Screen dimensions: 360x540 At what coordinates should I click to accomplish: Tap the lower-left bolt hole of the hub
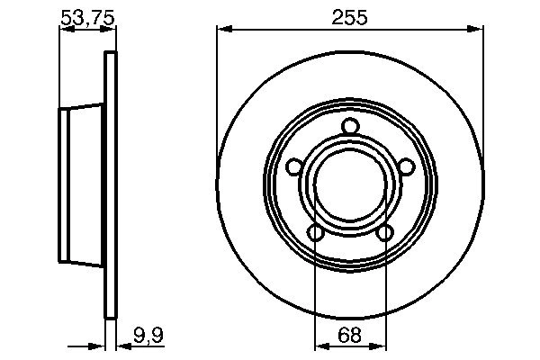[x=315, y=233]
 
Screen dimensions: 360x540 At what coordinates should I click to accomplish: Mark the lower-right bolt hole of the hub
[x=385, y=233]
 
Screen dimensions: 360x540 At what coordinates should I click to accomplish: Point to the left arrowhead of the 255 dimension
[x=222, y=30]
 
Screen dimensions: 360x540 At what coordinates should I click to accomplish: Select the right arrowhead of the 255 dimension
[x=478, y=30]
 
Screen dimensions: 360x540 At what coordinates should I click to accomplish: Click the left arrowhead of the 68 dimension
[x=319, y=346]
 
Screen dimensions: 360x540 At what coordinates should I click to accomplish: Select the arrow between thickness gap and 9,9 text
[x=122, y=346]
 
